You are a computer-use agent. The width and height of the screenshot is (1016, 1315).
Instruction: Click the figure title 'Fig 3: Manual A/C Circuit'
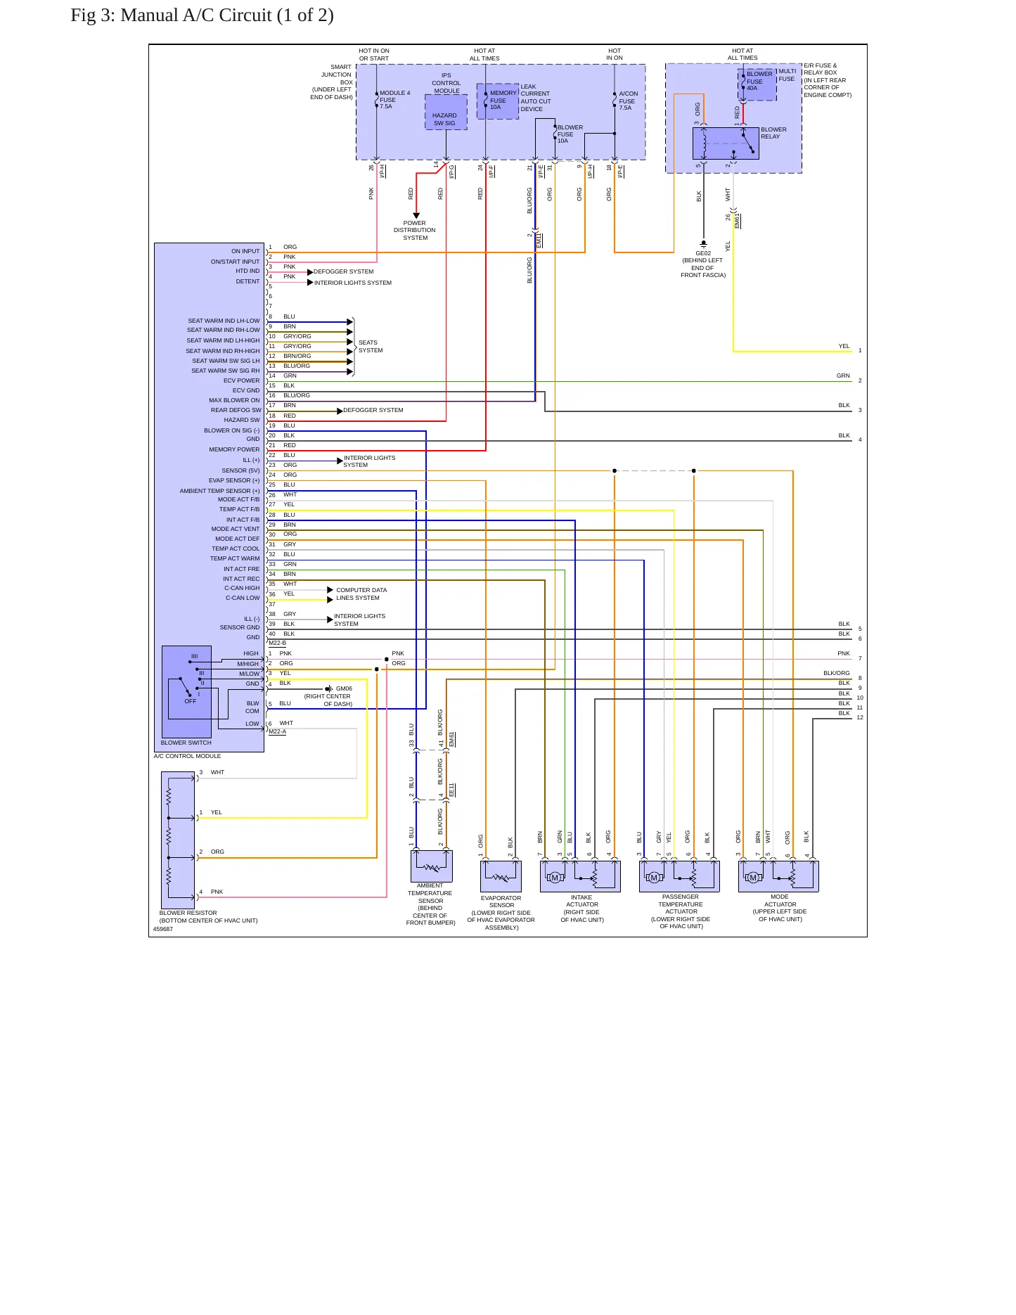(x=172, y=15)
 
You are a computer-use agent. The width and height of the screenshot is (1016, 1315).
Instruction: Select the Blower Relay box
(x=726, y=143)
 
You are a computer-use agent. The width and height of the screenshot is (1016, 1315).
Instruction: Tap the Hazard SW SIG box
(x=446, y=113)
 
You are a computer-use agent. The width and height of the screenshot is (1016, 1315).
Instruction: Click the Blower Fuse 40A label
(x=759, y=81)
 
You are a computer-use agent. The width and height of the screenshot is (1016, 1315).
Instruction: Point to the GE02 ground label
(x=703, y=253)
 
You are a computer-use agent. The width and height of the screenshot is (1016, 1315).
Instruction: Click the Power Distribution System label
(x=415, y=231)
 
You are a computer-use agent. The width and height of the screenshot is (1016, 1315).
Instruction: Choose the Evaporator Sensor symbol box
(x=501, y=876)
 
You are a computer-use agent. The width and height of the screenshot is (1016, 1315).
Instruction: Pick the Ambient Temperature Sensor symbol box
(x=431, y=866)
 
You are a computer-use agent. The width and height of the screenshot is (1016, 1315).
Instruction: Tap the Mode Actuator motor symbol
(x=753, y=878)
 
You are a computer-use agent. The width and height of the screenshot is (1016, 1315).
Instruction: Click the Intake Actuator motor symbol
(x=555, y=878)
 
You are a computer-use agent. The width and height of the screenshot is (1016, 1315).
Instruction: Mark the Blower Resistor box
(x=178, y=840)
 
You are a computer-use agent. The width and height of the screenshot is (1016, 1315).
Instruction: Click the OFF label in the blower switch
(x=191, y=701)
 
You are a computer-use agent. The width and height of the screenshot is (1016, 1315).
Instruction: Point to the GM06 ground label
(x=344, y=689)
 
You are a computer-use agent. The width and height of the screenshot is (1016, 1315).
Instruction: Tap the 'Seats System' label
(x=371, y=346)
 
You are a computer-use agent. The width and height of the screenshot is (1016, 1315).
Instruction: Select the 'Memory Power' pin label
(x=234, y=449)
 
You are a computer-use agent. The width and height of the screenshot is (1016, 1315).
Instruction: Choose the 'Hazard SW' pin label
(x=242, y=420)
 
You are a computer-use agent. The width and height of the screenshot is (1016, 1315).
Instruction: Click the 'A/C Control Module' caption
(x=188, y=756)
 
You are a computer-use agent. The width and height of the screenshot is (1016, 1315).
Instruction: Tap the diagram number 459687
(x=163, y=929)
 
